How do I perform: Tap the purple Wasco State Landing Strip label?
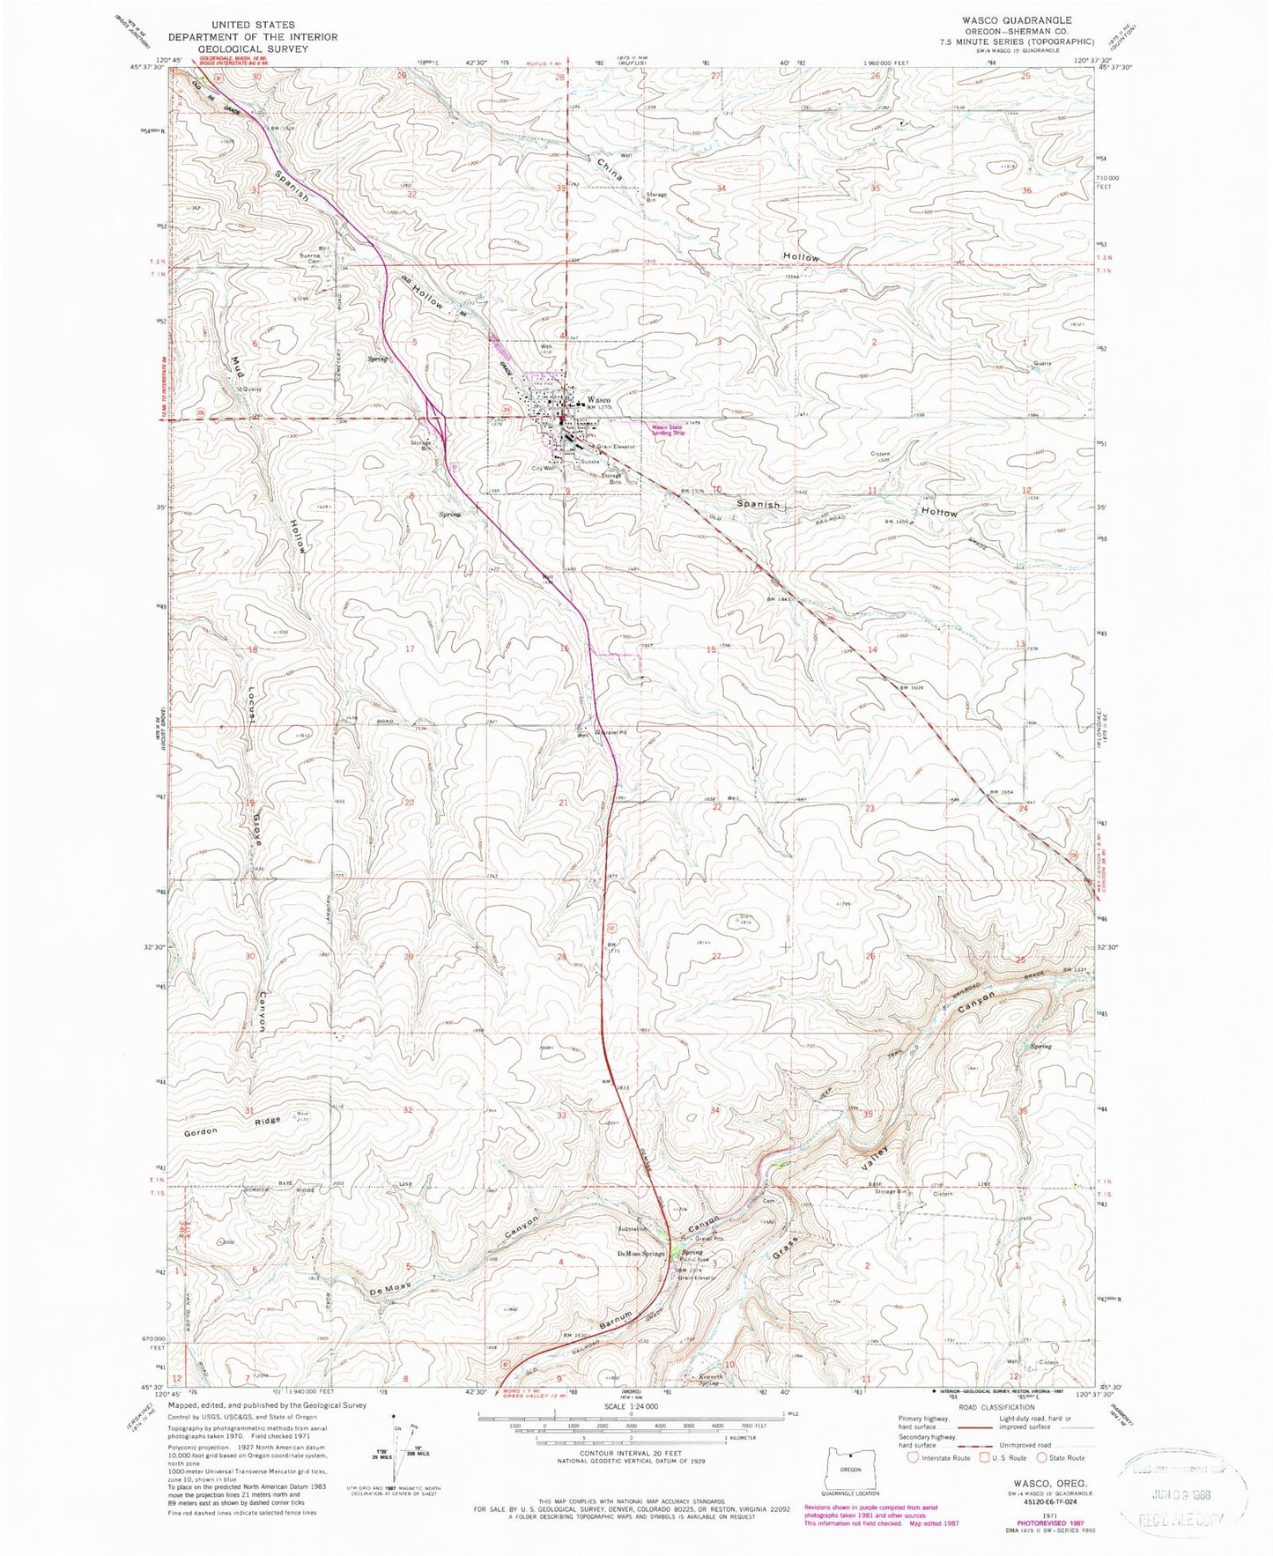point(668,431)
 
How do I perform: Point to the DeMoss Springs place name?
point(641,1254)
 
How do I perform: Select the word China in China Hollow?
point(609,168)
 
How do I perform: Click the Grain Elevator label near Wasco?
point(616,447)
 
